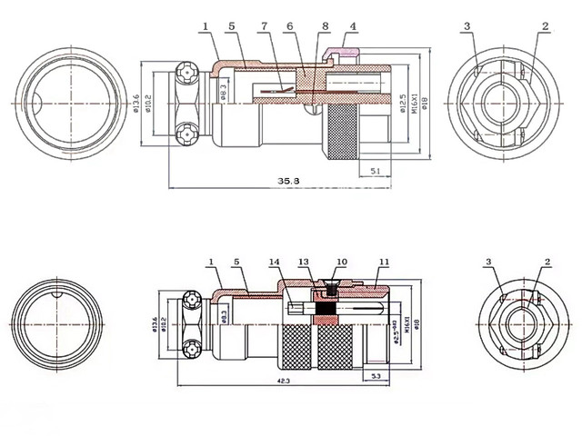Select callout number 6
(x=288, y=27)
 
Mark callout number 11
(x=384, y=263)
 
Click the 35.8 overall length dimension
(x=288, y=183)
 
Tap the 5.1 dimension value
(x=376, y=169)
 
